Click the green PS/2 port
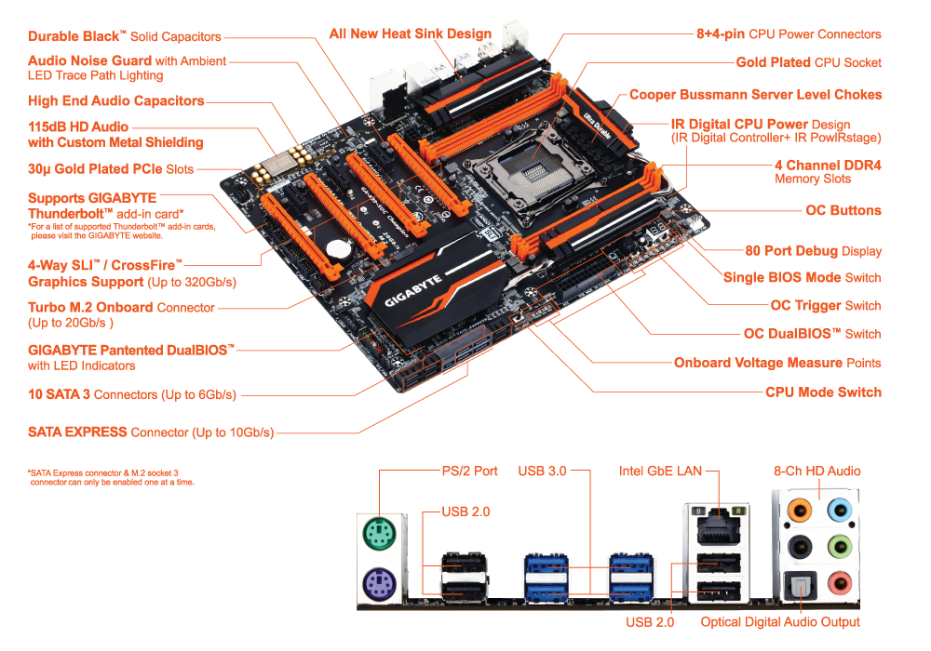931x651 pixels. tap(379, 534)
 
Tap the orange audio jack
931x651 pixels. tap(799, 510)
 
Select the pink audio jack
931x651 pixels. tap(840, 584)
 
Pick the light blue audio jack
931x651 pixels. tap(840, 510)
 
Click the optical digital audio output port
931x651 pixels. tap(801, 586)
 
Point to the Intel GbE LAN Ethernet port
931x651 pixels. tap(719, 525)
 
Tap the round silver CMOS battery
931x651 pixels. tap(339, 247)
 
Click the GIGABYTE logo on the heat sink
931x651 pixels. tap(413, 290)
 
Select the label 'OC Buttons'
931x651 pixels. tap(843, 210)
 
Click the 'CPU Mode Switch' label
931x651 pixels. tap(823, 392)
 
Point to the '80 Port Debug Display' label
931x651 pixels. tap(813, 251)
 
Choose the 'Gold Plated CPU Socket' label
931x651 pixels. tap(808, 62)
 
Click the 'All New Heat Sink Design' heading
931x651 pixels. tap(411, 33)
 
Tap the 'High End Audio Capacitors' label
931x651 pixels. tap(115, 100)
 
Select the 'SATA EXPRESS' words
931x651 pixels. tap(77, 432)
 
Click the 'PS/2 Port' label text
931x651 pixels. tap(469, 471)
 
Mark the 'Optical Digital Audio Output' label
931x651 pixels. tap(780, 622)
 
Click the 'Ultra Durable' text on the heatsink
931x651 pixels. tap(598, 126)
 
